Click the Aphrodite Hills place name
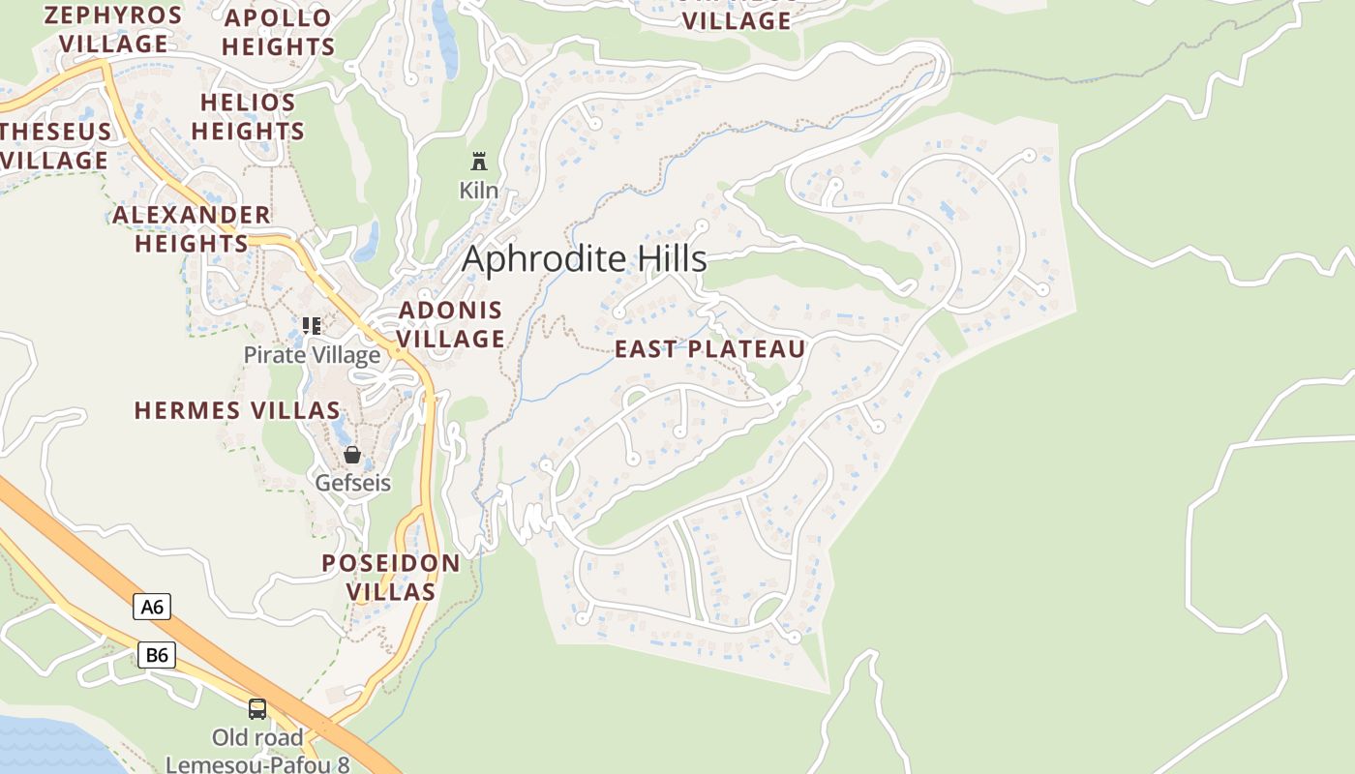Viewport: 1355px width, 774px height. [585, 259]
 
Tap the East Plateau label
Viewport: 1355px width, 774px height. [710, 349]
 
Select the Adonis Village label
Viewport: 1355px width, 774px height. [451, 324]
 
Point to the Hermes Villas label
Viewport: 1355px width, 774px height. [237, 410]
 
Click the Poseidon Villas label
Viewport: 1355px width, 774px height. [391, 577]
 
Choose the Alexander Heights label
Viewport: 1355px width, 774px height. [192, 228]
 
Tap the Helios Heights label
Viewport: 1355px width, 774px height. [248, 116]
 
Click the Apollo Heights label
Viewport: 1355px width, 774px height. [279, 32]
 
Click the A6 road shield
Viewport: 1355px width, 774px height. [152, 607]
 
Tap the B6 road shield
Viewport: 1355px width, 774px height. [156, 655]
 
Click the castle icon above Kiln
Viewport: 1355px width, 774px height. [478, 161]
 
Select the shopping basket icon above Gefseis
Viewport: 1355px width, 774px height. [352, 455]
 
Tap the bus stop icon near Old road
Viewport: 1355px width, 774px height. [257, 708]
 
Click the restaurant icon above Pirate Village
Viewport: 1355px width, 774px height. [311, 326]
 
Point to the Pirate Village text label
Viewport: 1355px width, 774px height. [312, 355]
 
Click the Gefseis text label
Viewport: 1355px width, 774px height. [353, 482]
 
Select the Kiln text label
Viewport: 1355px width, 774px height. [478, 190]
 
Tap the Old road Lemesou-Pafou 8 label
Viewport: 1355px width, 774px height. [257, 751]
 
